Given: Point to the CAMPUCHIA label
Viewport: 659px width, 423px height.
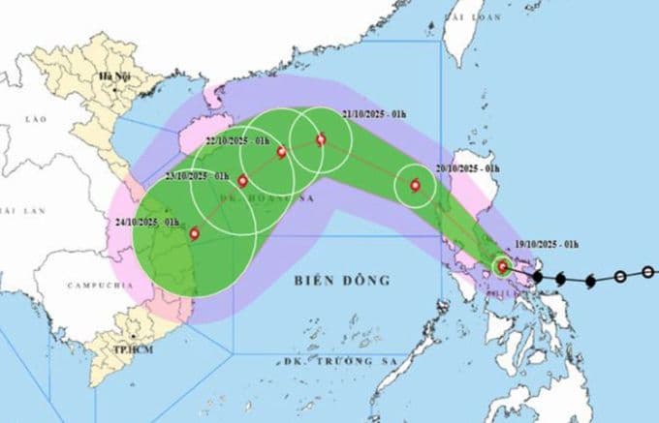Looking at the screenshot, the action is (91, 286).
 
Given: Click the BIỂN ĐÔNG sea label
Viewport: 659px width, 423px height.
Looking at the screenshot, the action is (340, 282).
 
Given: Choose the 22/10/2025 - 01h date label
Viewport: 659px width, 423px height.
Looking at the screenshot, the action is (242, 142).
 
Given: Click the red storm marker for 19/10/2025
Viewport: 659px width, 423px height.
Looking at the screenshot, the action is (502, 266).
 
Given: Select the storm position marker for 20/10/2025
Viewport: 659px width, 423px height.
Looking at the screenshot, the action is (416, 186).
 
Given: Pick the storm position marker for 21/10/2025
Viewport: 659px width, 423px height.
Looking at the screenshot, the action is (321, 141).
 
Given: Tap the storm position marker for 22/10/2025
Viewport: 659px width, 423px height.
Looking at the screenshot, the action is (281, 152).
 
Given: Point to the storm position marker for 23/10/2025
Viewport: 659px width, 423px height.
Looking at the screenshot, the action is (242, 181).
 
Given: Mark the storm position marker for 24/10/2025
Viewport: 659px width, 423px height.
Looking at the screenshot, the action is (195, 232).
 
